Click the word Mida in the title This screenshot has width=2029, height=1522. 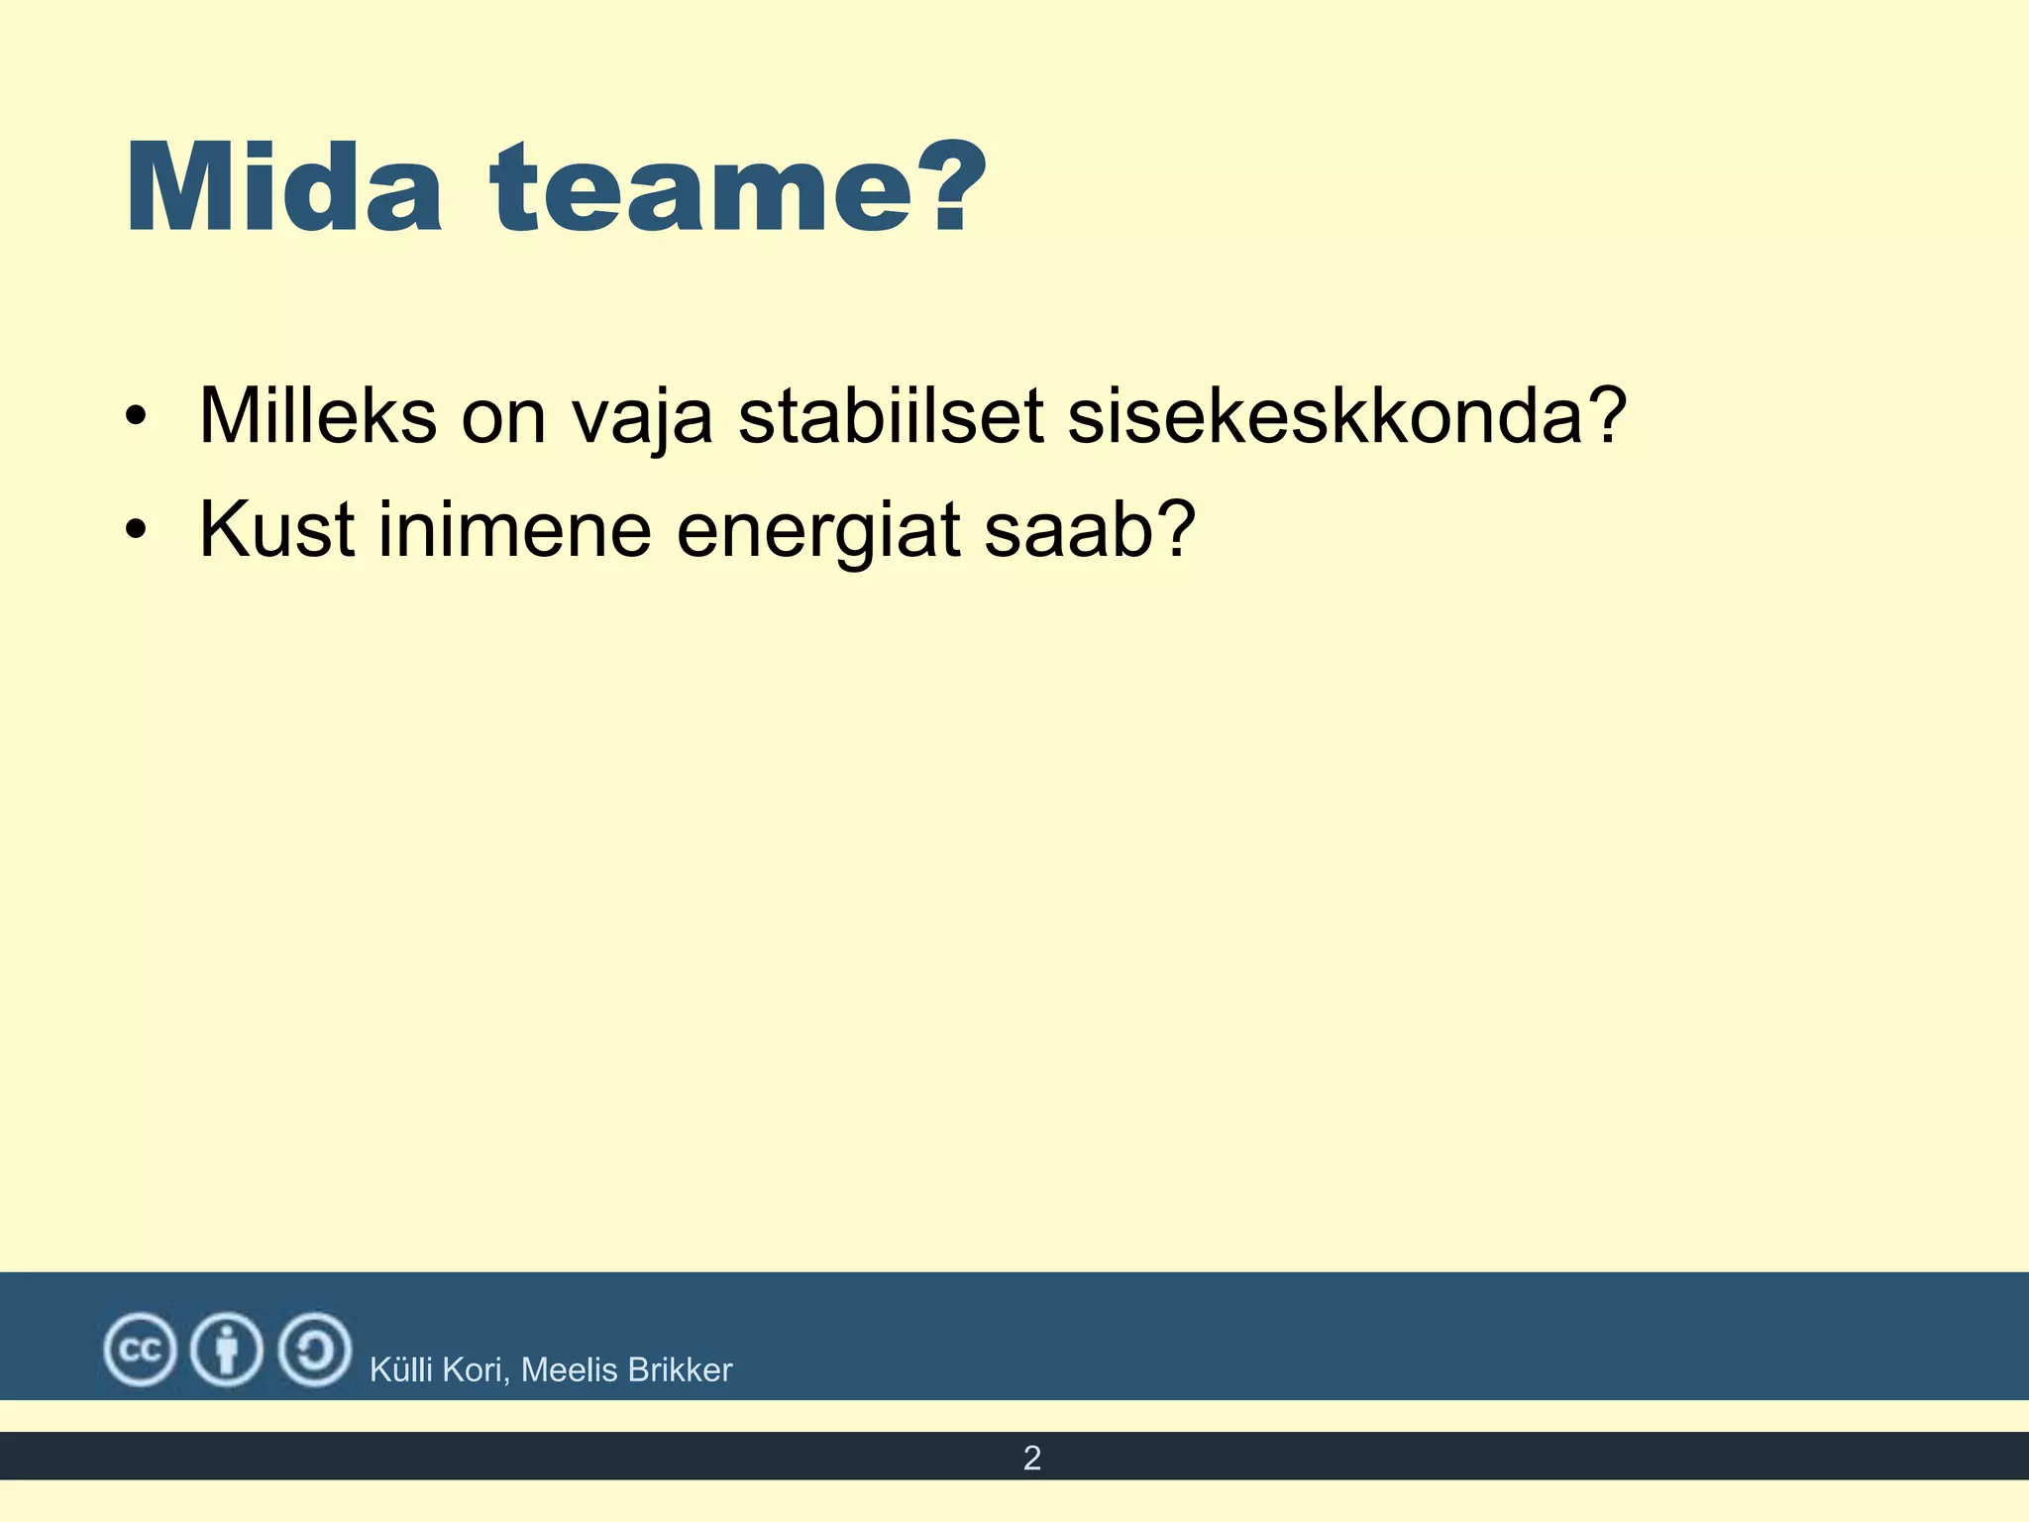[x=283, y=188]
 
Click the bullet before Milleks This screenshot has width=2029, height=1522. [x=137, y=416]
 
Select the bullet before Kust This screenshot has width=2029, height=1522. [x=137, y=530]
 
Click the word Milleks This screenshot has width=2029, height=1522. [x=317, y=416]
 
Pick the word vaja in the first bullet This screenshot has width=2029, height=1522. [x=642, y=418]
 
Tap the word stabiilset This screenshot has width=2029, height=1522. [x=891, y=416]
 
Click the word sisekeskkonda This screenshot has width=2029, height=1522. [x=1328, y=416]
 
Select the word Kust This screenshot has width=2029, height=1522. [x=276, y=530]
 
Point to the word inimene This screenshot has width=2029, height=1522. [x=514, y=530]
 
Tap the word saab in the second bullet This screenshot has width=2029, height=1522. [x=1070, y=530]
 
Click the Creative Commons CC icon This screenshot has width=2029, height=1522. [x=140, y=1349]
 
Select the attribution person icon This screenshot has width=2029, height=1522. [x=227, y=1349]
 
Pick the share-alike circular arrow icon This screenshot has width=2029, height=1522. [x=314, y=1349]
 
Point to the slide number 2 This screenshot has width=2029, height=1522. [x=1031, y=1458]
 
